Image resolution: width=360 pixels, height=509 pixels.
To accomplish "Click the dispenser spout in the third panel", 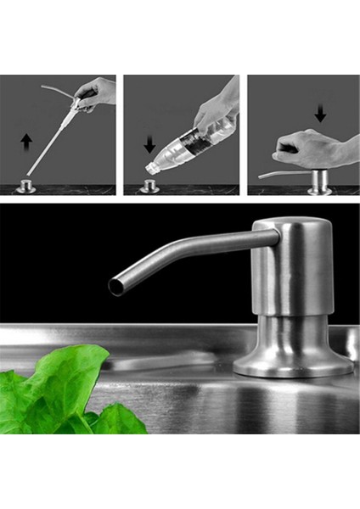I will click(280, 175).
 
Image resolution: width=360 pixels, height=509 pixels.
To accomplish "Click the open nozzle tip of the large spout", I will click(116, 286).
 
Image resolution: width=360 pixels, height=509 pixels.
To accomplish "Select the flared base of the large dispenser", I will click(293, 361).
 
